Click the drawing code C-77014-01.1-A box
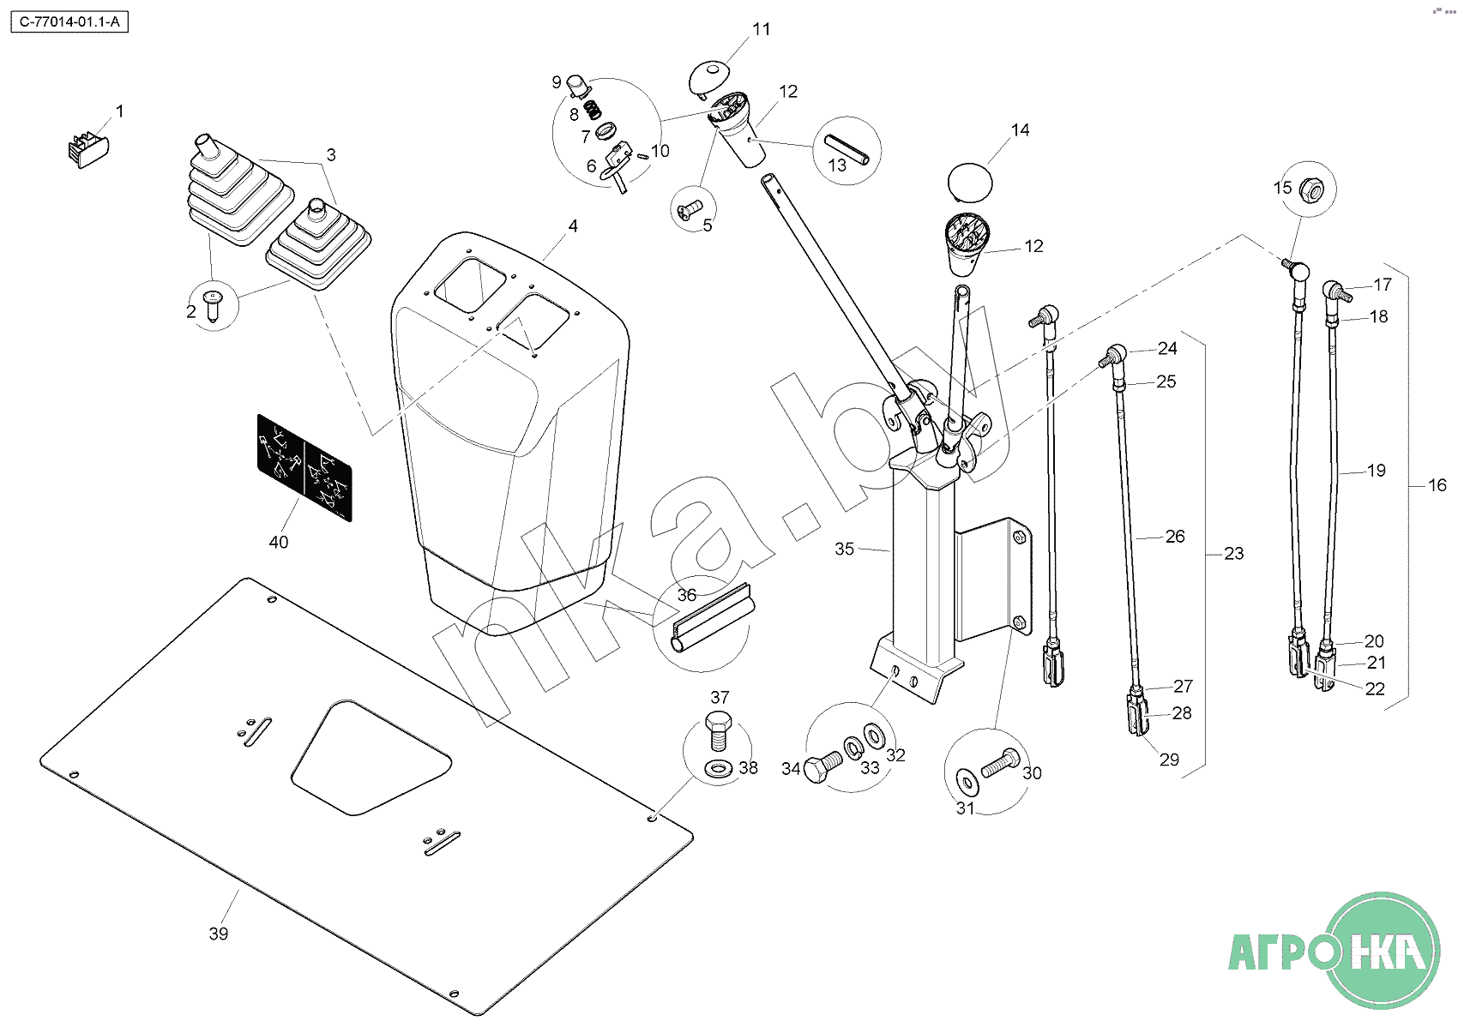pos(69,23)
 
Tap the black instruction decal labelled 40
pos(304,467)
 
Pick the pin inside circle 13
pos(847,149)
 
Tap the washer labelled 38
pos(718,766)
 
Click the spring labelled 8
pos(593,110)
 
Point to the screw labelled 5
pos(690,209)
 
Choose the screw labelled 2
pos(213,303)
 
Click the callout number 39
pos(219,934)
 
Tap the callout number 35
pos(844,549)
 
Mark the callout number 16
pos(1437,485)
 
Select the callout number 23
pos(1233,554)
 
